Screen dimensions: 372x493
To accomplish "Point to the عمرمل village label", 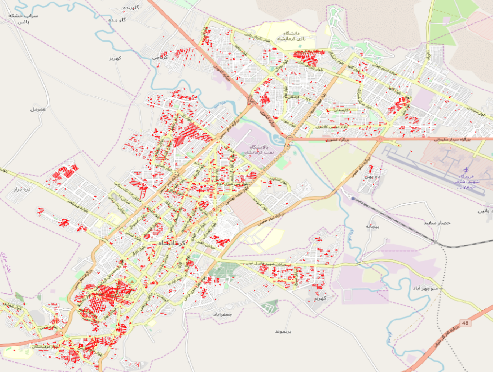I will coord(37,109).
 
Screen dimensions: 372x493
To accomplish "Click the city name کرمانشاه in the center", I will coord(170,242).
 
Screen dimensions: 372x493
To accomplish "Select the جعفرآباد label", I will coord(223,315).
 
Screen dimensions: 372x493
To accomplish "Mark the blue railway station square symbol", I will coord(353,198).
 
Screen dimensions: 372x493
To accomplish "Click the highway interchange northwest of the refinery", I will coord(252,102).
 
